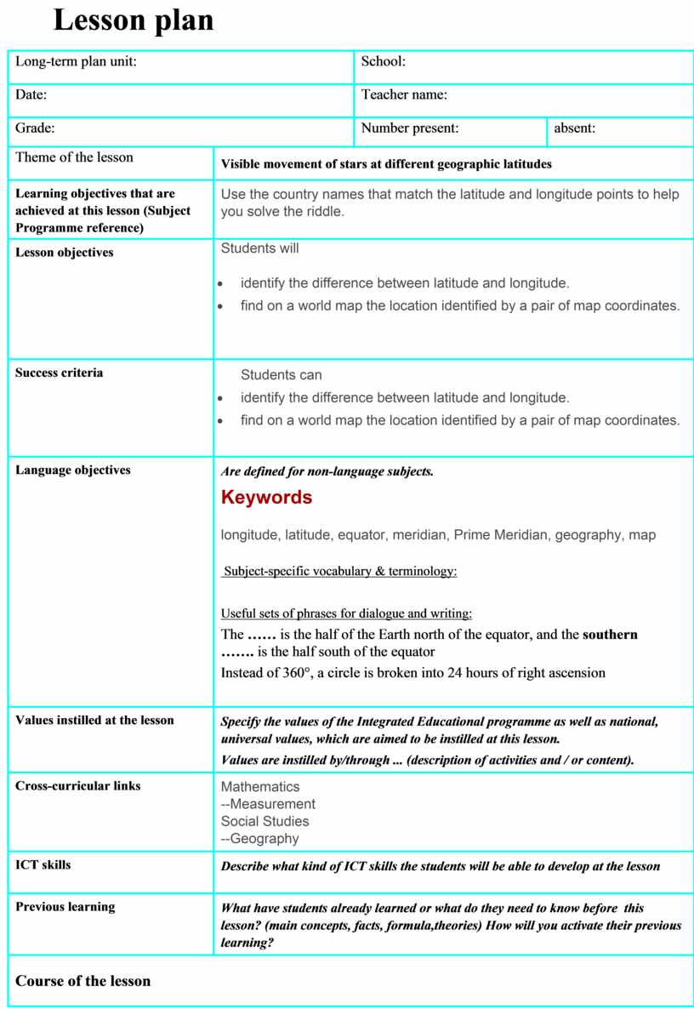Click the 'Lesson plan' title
[134, 20]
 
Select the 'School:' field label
[384, 61]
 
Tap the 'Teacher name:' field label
[404, 94]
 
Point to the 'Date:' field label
[31, 94]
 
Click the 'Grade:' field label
[35, 128]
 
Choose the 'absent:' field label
[575, 128]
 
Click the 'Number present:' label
[410, 128]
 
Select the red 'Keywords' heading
[266, 498]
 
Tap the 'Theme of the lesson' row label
[74, 157]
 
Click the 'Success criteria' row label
[60, 373]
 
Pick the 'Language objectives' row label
[73, 470]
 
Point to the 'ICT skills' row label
[43, 865]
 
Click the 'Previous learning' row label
[65, 907]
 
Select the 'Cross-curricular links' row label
[78, 786]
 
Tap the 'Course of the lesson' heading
[82, 981]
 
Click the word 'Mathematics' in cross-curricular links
[260, 787]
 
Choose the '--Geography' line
[260, 839]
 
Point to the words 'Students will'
[260, 248]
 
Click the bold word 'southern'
[610, 635]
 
